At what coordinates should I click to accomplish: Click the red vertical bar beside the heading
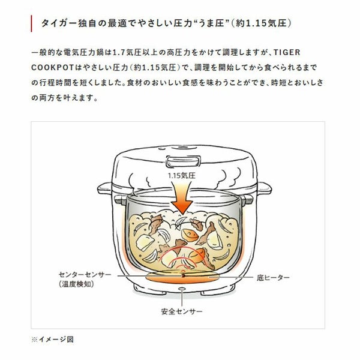pyautogui.click(x=31, y=23)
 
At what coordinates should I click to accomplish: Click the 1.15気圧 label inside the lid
pyautogui.click(x=182, y=176)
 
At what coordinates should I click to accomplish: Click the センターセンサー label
pyautogui.click(x=85, y=275)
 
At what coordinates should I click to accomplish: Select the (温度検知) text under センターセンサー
pyautogui.click(x=76, y=284)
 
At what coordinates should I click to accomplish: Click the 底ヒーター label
pyautogui.click(x=273, y=278)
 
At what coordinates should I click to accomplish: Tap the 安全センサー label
pyautogui.click(x=182, y=311)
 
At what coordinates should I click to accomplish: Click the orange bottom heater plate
pyautogui.click(x=182, y=277)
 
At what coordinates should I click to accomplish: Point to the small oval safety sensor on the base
pyautogui.click(x=182, y=289)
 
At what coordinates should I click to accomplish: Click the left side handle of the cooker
pyautogui.click(x=104, y=188)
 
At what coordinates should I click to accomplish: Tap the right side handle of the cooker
pyautogui.click(x=264, y=188)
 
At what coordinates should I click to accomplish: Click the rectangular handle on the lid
pyautogui.click(x=183, y=161)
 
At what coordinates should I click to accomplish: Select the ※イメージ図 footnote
pyautogui.click(x=52, y=340)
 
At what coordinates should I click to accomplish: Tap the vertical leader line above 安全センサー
pyautogui.click(x=182, y=298)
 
